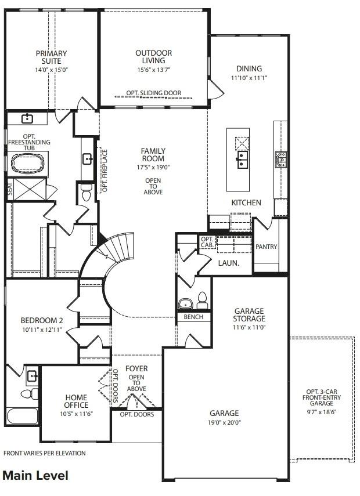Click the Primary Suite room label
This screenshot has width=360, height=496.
51,57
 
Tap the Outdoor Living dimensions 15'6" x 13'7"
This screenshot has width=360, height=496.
153,70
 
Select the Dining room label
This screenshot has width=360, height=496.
249,68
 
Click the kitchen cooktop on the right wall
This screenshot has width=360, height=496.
281,158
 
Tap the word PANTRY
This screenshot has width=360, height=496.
267,247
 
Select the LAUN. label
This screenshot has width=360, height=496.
226,263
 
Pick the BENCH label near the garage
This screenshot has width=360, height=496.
193,317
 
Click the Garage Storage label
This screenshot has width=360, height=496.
250,315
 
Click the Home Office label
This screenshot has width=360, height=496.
76,401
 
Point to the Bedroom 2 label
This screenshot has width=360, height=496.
41,321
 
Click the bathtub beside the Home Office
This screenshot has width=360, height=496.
22,417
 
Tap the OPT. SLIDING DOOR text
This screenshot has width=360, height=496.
154,93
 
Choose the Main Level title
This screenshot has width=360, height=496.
35,476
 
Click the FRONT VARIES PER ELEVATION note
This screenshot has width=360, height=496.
44,453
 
